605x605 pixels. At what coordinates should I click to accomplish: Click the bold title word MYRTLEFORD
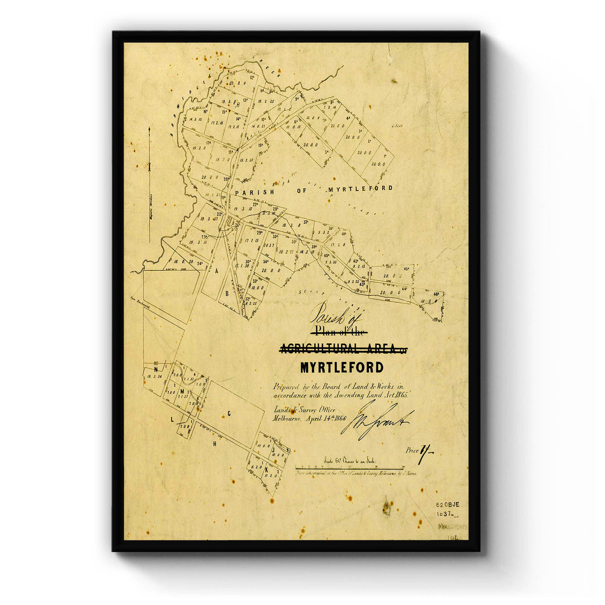[x=341, y=368]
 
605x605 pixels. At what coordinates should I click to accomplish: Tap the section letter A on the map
[x=217, y=271]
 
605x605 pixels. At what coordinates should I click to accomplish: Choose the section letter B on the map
[x=227, y=293]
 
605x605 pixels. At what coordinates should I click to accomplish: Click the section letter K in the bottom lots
[x=266, y=470]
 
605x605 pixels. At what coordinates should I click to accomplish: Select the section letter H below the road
[x=214, y=444]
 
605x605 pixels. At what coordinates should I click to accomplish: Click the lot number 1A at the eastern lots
[x=386, y=157]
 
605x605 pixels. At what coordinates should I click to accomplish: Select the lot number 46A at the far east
[x=437, y=293]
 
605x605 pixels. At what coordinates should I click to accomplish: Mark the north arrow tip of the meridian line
[x=150, y=129]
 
